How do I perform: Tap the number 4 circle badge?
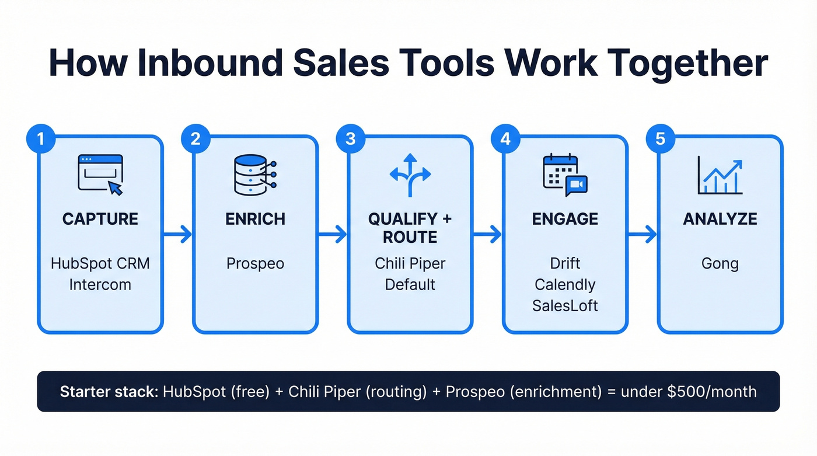505,140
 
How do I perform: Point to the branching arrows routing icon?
410,175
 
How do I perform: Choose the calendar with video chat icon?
564,175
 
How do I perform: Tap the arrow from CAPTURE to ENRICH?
177,235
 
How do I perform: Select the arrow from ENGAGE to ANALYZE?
642,235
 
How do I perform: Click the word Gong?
720,263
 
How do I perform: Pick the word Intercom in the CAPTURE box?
100,285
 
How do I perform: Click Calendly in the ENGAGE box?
565,285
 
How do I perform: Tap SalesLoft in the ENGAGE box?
565,305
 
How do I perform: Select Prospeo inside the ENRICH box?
255,263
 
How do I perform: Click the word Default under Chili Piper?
410,285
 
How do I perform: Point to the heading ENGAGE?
565,219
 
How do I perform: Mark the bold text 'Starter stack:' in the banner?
108,391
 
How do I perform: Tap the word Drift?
565,263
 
